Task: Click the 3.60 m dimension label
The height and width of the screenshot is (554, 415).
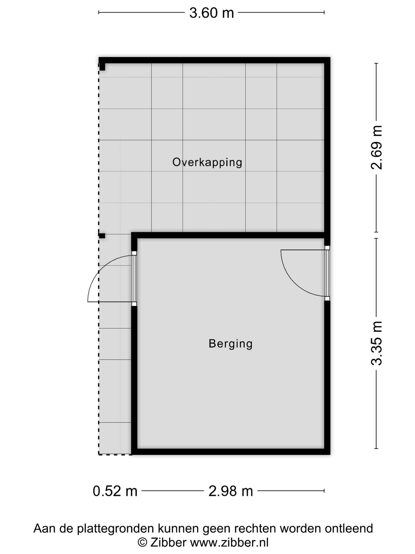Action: [x=211, y=13]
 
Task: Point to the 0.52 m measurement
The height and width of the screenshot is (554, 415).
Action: [x=115, y=491]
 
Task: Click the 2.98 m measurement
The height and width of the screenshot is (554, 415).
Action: [x=231, y=491]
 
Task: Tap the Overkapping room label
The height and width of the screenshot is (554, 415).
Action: [x=207, y=162]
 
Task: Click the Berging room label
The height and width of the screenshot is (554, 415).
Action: [x=231, y=343]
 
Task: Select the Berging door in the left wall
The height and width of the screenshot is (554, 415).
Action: [x=134, y=278]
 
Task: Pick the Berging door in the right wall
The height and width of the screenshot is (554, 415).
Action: [x=327, y=273]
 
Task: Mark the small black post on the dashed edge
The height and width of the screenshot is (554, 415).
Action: [x=102, y=236]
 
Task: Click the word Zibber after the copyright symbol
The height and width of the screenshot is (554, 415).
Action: [x=168, y=542]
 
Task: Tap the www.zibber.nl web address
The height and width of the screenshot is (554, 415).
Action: [x=229, y=542]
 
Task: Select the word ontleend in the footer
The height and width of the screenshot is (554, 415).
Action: [x=349, y=528]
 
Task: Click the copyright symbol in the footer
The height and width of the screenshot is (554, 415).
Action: [x=142, y=542]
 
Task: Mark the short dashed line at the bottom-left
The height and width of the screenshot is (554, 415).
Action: [x=115, y=455]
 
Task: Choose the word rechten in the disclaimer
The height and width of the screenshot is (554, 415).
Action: [x=255, y=528]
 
